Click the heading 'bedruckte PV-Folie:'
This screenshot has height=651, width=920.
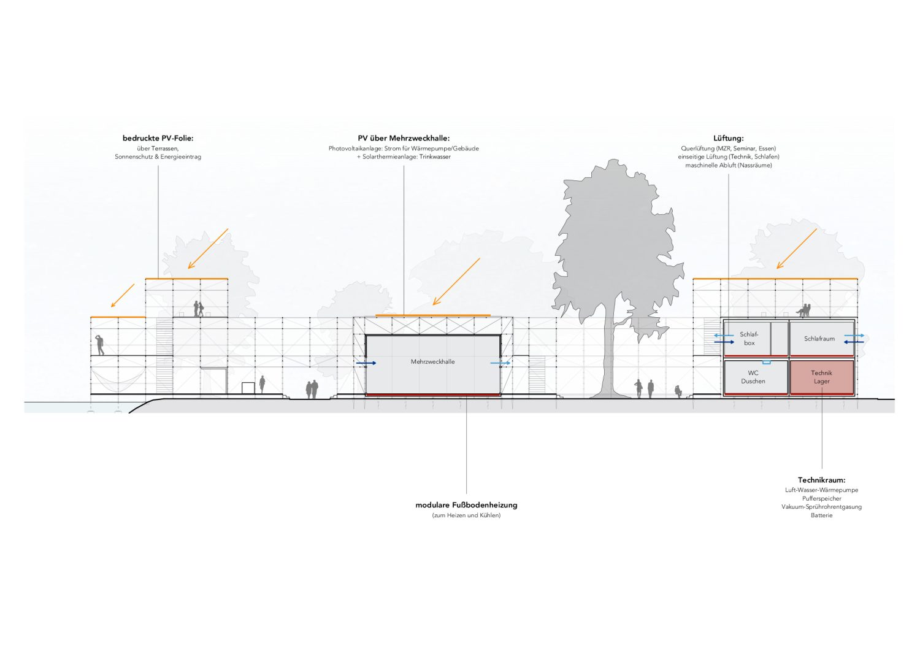point(158,139)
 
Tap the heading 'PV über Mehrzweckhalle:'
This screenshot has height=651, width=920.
point(404,139)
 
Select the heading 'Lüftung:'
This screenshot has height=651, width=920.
point(729,139)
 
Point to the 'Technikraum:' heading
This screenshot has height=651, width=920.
point(821,480)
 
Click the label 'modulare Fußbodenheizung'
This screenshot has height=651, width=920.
point(466,506)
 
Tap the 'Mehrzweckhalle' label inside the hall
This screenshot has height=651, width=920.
point(432,362)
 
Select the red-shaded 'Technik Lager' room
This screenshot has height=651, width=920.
point(821,377)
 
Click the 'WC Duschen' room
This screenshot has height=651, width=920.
point(753,377)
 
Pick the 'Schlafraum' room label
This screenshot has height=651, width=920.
point(819,339)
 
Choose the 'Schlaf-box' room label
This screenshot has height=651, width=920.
point(749,339)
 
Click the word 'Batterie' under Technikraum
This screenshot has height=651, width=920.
point(821,515)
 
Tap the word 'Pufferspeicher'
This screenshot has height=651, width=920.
point(821,498)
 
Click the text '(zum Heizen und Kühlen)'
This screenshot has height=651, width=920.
point(466,515)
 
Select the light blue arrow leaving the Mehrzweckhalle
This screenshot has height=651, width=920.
point(500,363)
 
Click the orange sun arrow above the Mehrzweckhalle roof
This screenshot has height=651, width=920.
point(456,282)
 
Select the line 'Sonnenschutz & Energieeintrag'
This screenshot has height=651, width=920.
point(158,157)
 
